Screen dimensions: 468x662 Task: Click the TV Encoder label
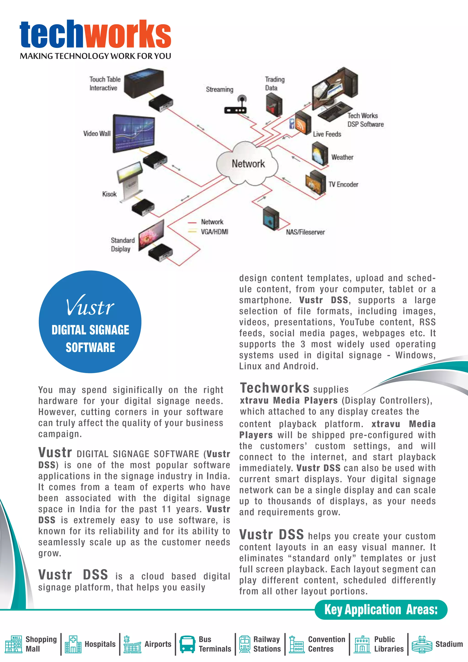[x=343, y=184]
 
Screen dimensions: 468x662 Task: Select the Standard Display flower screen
[x=151, y=235]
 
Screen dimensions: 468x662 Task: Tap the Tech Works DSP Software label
[x=365, y=120]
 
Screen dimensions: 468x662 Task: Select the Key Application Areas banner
[x=381, y=610]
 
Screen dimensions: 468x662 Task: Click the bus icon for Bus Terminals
[x=187, y=644]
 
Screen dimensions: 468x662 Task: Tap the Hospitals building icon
[x=73, y=644]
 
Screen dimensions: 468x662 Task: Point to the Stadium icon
[x=422, y=644]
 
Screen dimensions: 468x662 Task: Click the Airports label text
[x=158, y=644]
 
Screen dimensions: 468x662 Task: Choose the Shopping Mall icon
[x=13, y=644]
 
